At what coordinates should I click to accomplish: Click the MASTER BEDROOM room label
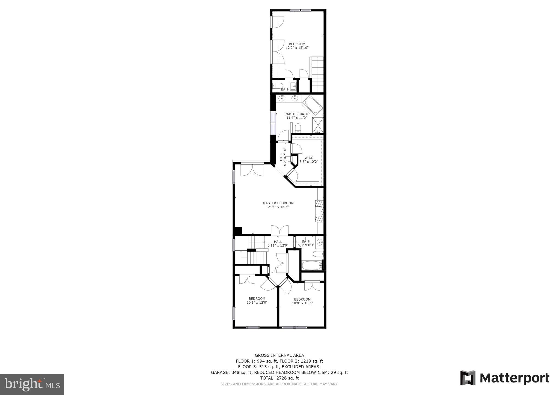278,203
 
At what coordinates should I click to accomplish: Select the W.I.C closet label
309,158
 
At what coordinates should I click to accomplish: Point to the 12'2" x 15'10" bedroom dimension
297,48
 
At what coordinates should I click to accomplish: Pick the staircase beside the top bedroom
317,74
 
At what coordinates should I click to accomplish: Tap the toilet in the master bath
298,128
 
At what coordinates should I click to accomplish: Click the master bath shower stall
318,125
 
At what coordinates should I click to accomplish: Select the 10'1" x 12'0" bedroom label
257,300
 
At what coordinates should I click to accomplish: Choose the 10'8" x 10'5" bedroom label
302,301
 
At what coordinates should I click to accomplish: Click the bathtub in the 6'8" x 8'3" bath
311,265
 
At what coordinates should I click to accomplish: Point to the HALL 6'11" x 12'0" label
278,243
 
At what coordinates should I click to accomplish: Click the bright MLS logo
32,384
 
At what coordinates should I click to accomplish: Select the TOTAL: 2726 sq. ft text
279,378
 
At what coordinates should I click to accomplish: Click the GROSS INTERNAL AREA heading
279,355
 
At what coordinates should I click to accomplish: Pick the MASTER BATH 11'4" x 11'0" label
297,116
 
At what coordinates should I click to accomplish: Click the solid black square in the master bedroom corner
238,231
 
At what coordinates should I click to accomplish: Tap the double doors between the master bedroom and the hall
279,230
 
